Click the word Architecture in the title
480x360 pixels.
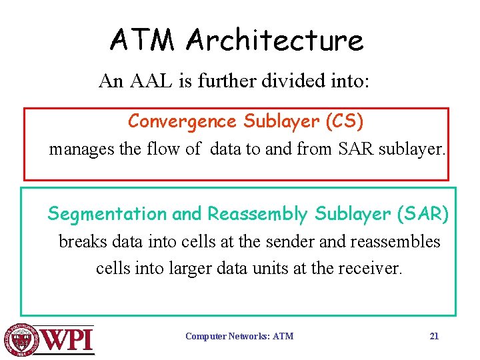click(275, 40)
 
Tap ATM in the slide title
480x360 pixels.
click(143, 40)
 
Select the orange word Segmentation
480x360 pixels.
click(107, 214)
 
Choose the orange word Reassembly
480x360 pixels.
click(257, 214)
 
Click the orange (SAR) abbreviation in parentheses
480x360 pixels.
click(423, 214)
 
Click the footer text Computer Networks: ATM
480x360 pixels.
click(239, 336)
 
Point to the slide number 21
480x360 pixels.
click(434, 336)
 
